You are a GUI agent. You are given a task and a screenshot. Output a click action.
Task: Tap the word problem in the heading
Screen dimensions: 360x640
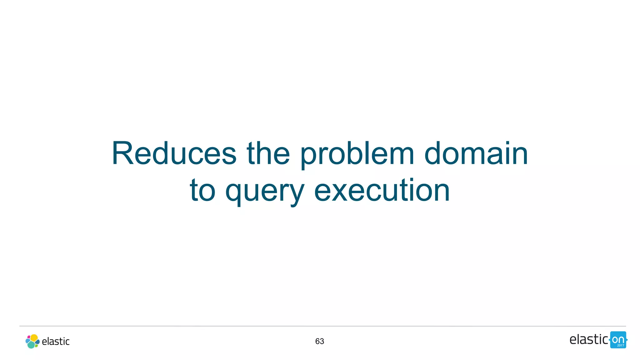pos(357,154)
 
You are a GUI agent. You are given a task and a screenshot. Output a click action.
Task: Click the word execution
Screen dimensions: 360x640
pos(382,190)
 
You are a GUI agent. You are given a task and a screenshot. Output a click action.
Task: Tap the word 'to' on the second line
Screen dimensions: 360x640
pos(202,190)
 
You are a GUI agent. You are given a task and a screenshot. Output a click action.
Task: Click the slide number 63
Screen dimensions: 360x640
pos(319,341)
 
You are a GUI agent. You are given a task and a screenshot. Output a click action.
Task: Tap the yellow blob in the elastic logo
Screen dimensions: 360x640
pos(34,338)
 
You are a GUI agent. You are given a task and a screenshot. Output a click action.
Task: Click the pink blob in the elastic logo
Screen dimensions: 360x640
pos(29,337)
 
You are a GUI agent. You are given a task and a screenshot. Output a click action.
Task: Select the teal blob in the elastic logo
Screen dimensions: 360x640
pos(31,345)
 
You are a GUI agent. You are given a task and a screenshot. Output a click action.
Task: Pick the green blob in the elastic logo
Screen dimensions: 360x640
pos(36,346)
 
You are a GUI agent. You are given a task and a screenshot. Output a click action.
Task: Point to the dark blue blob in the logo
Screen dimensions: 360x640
pos(37,342)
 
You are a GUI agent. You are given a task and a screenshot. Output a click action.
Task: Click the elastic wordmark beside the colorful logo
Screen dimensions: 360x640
pos(56,342)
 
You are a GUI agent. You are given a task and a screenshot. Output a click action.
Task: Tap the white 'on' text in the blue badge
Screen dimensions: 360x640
pos(618,339)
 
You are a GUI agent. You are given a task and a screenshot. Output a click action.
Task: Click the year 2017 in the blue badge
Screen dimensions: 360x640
pos(620,345)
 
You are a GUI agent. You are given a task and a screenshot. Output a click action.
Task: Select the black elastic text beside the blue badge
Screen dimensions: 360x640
pos(588,339)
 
